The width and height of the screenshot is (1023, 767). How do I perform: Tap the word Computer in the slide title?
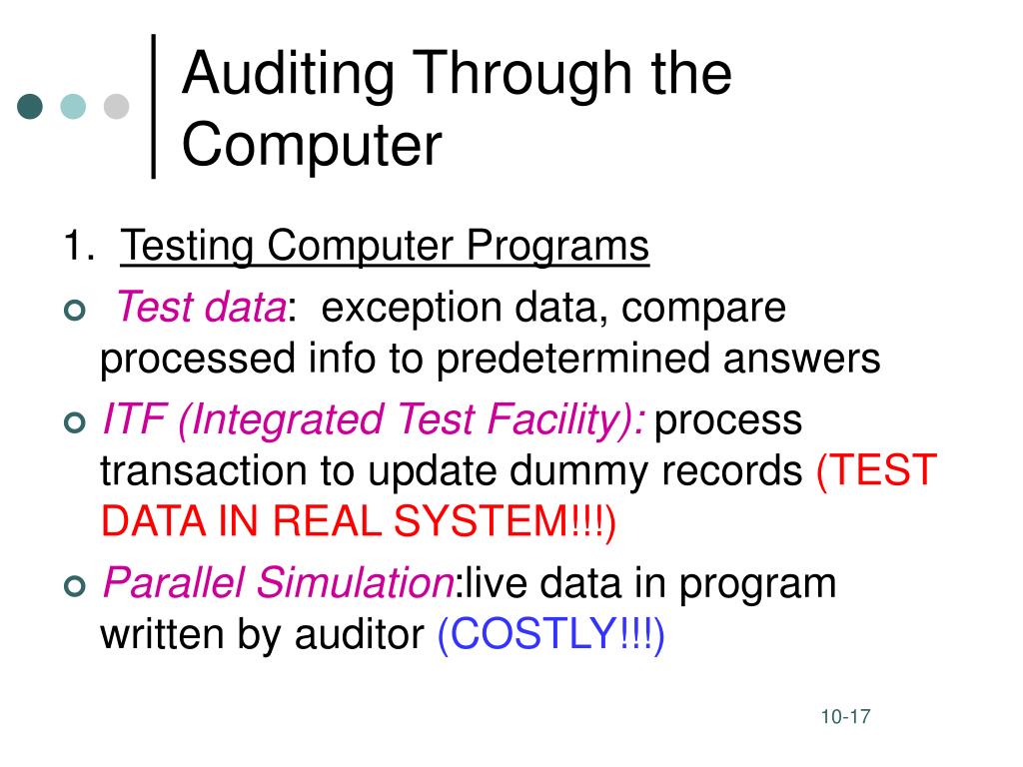point(311,146)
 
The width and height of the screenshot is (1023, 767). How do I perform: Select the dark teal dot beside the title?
point(31,106)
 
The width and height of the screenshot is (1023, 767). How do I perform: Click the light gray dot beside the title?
point(117,106)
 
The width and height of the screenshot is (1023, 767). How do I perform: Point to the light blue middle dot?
point(73,106)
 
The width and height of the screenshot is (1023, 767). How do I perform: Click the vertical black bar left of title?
point(154,106)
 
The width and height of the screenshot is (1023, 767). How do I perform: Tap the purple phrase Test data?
point(200,308)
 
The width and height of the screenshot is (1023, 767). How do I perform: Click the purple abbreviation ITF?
point(135,419)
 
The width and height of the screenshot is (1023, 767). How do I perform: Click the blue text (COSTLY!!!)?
point(550,634)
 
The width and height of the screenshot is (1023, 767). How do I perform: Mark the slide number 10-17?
point(846,717)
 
